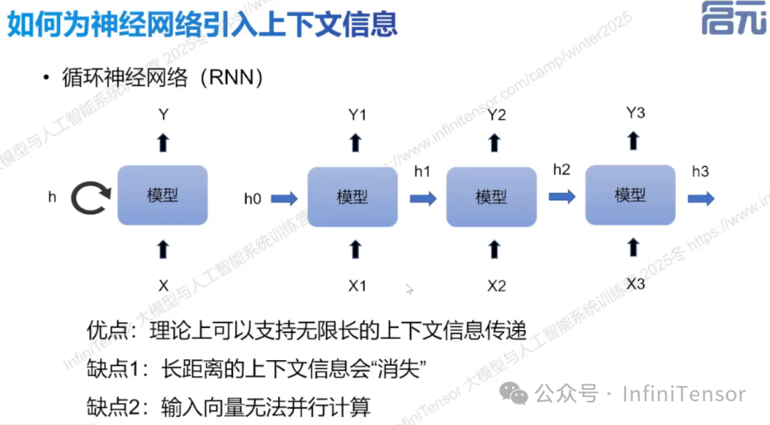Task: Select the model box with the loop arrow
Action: tap(163, 195)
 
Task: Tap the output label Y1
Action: tap(356, 114)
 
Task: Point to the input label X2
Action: tap(496, 286)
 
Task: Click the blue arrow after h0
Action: tap(284, 198)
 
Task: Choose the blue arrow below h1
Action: tap(423, 198)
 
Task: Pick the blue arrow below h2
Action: tap(562, 196)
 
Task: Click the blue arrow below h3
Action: tap(701, 198)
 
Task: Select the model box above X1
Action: tap(352, 197)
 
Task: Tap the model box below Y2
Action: tap(491, 197)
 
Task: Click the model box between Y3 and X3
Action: tap(630, 195)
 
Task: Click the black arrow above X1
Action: tap(356, 249)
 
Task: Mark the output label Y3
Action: tap(635, 113)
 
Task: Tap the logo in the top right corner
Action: tap(733, 19)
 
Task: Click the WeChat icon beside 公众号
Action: tap(514, 393)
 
